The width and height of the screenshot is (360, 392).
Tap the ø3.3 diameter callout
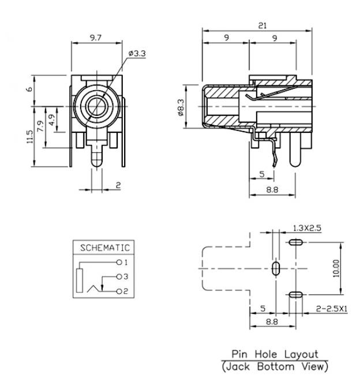click(x=137, y=54)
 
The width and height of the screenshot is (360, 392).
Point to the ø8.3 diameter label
click(x=181, y=105)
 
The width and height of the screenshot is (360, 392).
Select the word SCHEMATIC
click(x=105, y=247)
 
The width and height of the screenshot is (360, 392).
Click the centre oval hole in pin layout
click(x=276, y=268)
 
